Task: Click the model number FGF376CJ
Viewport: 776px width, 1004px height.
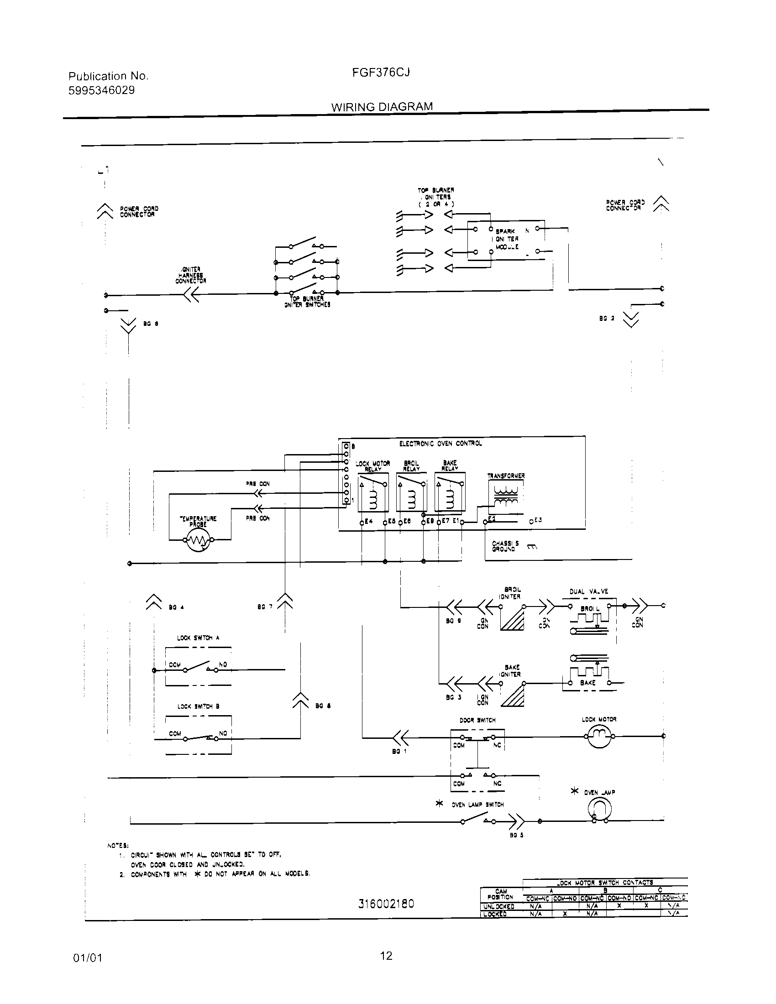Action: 381,73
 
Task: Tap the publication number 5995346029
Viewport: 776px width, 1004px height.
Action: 102,90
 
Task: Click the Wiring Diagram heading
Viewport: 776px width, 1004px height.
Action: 382,107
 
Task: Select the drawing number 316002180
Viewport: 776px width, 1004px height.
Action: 386,904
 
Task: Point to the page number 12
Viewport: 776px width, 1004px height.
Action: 386,956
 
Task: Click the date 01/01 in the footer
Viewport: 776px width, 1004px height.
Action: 87,957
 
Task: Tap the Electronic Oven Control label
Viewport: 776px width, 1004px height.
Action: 440,444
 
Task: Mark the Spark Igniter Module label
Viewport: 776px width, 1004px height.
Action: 506,239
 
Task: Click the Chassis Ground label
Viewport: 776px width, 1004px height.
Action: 505,546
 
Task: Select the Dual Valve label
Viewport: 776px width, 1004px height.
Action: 588,591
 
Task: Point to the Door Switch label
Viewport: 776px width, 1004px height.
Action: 477,720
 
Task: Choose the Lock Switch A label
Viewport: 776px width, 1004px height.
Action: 198,638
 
